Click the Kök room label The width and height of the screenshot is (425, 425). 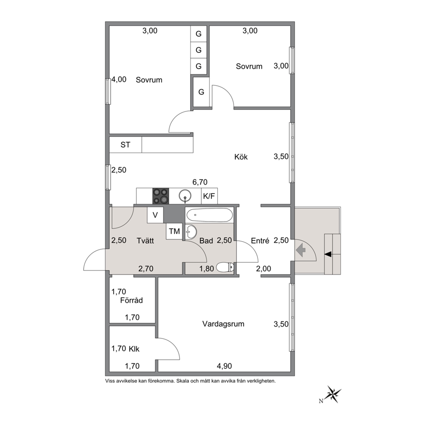point(241,157)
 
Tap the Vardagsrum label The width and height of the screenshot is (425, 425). point(223,324)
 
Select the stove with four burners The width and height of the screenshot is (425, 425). point(161,196)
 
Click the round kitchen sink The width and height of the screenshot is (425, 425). point(185,195)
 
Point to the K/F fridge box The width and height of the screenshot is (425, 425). point(209,196)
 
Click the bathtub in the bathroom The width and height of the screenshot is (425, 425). point(209,215)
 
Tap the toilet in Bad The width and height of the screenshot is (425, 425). point(224,267)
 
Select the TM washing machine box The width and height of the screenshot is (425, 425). point(174,231)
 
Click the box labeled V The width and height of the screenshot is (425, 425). point(155,215)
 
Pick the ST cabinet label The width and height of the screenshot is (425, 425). point(125,145)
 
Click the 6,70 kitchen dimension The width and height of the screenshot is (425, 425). point(200,182)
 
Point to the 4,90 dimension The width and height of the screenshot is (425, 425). point(224,366)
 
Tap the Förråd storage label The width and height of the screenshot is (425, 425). point(132,300)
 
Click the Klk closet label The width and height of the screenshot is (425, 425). point(134,349)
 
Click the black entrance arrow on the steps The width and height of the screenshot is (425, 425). point(328,254)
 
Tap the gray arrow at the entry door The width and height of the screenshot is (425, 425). point(301,250)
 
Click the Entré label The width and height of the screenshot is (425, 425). point(260,240)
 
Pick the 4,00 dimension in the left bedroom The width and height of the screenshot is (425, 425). point(119,79)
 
